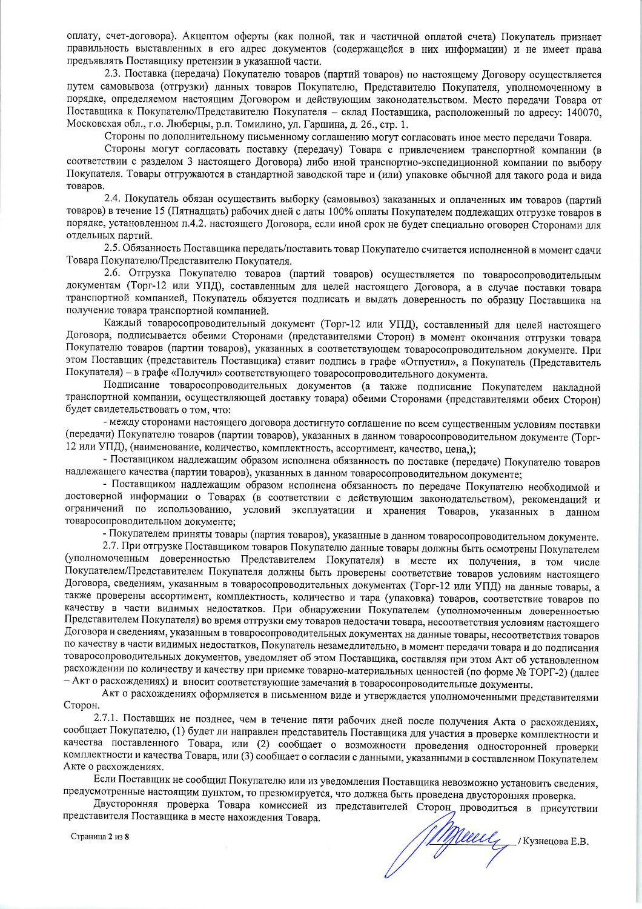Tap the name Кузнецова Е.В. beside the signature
coord(554,841)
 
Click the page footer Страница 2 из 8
coord(101,837)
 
